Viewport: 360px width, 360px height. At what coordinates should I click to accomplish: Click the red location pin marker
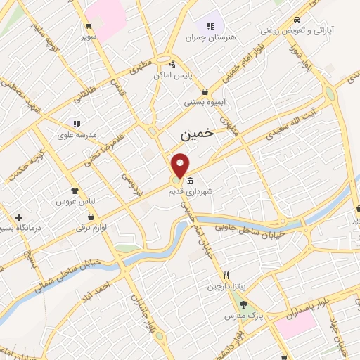[181, 165]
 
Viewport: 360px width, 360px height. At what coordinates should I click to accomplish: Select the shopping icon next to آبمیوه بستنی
[204, 91]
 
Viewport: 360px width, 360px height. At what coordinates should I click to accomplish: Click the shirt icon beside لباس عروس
[75, 191]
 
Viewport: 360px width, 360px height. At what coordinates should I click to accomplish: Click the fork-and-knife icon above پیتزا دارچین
[226, 275]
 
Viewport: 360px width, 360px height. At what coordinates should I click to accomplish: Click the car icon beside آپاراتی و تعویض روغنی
[298, 20]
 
